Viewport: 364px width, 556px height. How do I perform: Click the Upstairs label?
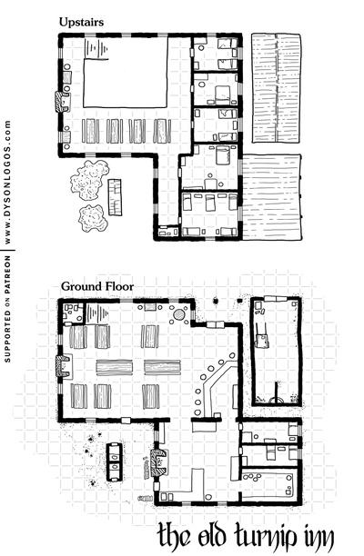click(x=81, y=22)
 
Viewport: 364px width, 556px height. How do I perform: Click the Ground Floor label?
click(x=97, y=286)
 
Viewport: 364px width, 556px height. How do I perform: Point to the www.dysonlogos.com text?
click(x=8, y=182)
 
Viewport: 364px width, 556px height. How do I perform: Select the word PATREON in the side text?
click(x=8, y=273)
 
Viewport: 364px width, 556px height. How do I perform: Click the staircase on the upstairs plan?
click(x=96, y=48)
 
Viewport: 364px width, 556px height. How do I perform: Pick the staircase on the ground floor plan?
click(x=97, y=313)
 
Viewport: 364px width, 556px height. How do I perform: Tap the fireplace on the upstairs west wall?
click(x=62, y=102)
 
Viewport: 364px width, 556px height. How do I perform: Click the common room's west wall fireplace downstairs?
click(x=64, y=366)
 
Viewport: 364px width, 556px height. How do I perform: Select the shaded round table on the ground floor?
click(x=179, y=314)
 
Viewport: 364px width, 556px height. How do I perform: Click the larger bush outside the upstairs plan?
click(x=89, y=180)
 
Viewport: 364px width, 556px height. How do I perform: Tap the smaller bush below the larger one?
click(x=93, y=218)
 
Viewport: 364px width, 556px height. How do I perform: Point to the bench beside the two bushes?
click(x=115, y=197)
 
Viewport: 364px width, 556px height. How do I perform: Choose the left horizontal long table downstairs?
click(x=115, y=367)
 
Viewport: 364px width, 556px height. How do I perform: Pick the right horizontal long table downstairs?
click(x=162, y=367)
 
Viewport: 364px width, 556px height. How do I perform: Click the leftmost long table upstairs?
click(x=90, y=131)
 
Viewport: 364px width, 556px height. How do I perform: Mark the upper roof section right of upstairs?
click(x=277, y=88)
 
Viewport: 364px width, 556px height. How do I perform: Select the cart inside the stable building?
click(x=262, y=336)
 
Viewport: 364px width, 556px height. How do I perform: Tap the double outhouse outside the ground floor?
click(x=115, y=462)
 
